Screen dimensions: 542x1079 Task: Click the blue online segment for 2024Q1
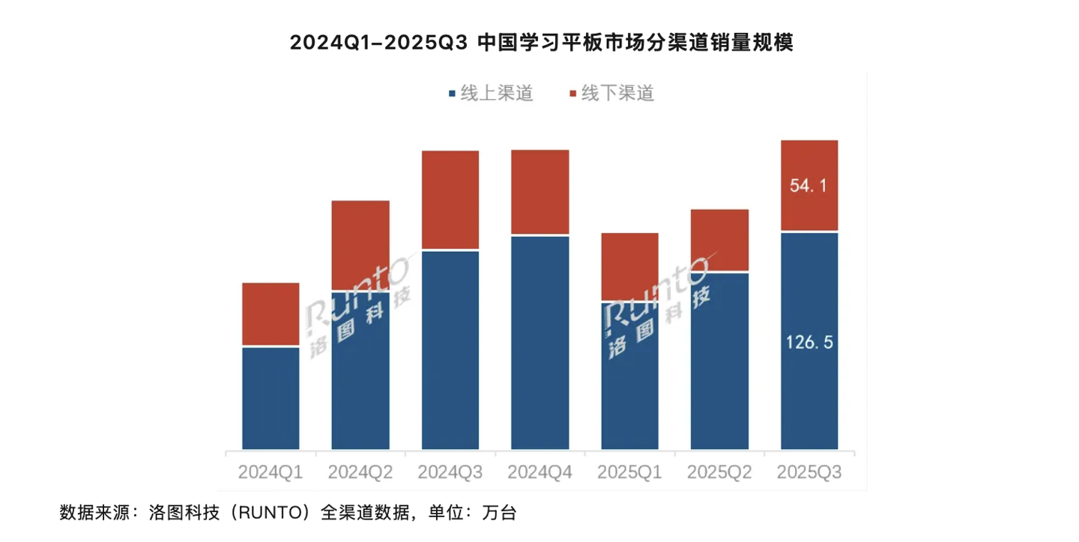pos(270,397)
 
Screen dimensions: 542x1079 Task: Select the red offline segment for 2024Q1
pos(270,314)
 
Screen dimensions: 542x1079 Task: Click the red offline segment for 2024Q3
pos(450,199)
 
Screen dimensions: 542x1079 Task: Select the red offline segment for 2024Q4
pos(540,192)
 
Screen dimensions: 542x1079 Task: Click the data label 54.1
pos(809,186)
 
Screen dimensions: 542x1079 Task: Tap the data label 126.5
pos(809,343)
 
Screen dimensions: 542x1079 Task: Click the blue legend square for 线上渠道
pos(451,94)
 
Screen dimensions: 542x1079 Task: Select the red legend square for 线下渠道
pos(573,94)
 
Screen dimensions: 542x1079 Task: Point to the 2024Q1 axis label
pos(270,473)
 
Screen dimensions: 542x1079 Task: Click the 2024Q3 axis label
pos(450,473)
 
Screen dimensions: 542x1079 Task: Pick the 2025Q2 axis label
pos(719,473)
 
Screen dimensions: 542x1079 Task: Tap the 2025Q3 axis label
pos(809,473)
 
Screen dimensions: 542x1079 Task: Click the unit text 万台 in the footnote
pos(500,514)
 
